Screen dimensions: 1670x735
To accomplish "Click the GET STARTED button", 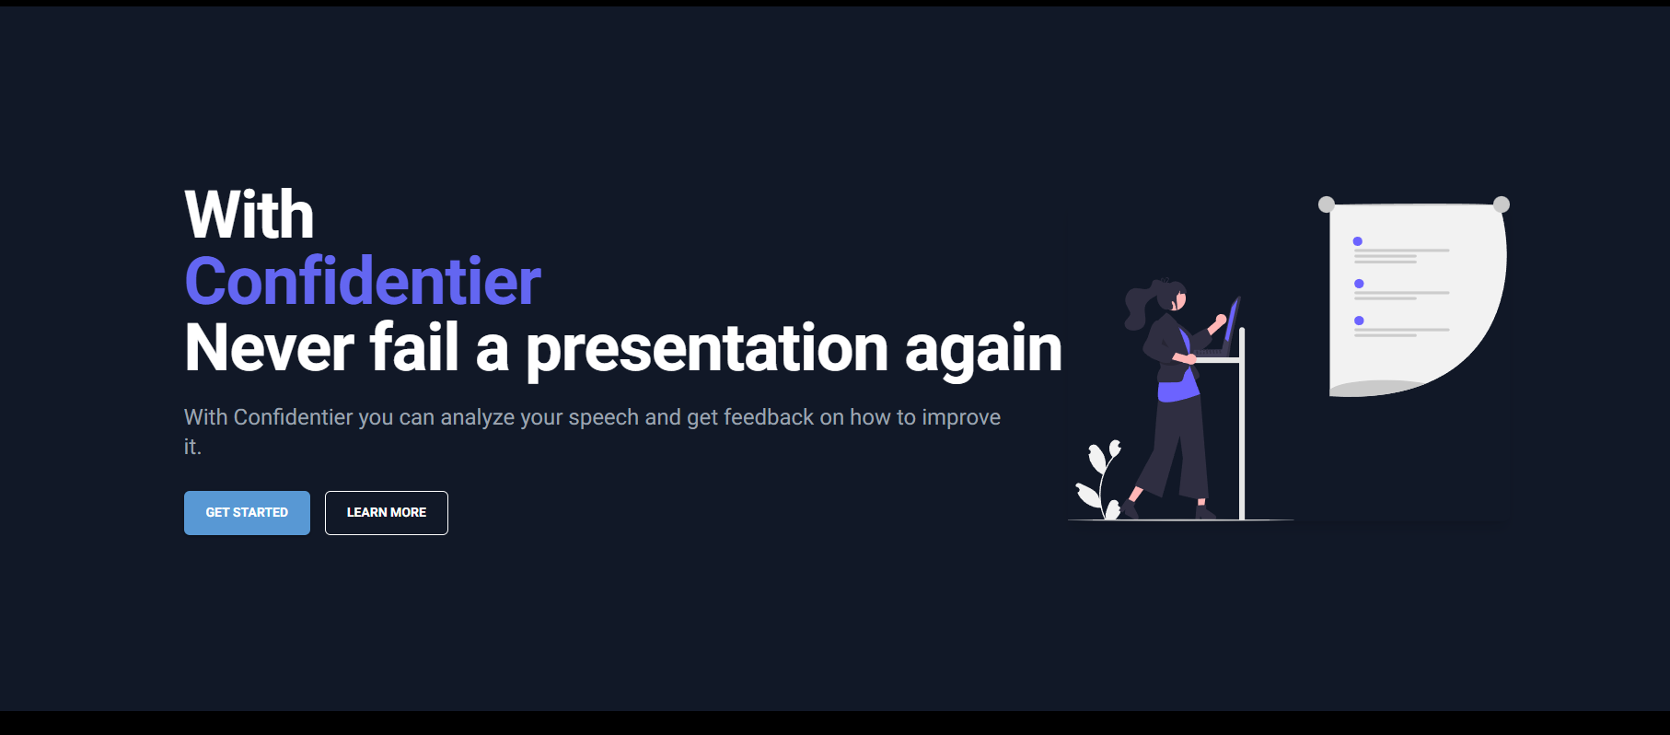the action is (x=247, y=513).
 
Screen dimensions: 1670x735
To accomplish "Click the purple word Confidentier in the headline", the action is (x=363, y=281).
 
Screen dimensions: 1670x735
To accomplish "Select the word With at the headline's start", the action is (x=249, y=215).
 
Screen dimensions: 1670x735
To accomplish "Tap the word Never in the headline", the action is (x=270, y=348).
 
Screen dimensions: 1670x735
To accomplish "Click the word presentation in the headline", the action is (x=707, y=350).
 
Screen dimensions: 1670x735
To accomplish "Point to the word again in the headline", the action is (x=983, y=350).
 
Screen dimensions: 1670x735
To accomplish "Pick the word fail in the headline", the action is (x=414, y=347).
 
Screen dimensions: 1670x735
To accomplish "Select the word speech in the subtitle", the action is (x=603, y=418).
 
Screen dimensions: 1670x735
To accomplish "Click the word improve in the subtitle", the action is (x=961, y=418).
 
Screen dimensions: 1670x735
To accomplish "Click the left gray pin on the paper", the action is (x=1327, y=204).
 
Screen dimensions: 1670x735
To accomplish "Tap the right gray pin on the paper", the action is (x=1502, y=204).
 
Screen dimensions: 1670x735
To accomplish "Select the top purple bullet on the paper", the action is (x=1358, y=241).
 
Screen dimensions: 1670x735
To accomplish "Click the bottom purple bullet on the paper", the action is (x=1359, y=321).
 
